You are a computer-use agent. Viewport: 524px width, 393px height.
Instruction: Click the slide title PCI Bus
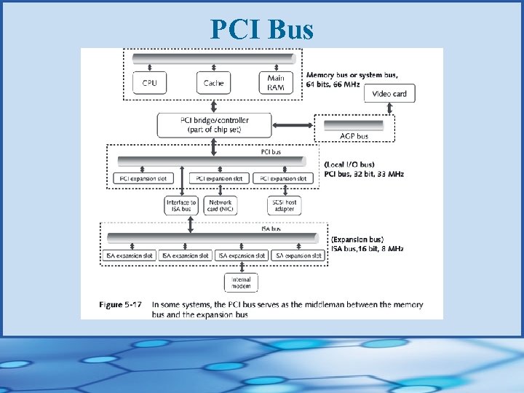[262, 29]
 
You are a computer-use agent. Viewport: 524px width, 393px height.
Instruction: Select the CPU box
[149, 83]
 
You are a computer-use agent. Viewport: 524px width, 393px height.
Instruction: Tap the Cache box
[213, 83]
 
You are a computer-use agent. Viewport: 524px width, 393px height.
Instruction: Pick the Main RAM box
[276, 83]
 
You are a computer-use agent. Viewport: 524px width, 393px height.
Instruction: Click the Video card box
[390, 94]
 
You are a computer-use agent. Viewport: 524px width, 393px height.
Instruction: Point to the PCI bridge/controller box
[214, 124]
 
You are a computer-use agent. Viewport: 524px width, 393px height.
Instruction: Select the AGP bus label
[354, 136]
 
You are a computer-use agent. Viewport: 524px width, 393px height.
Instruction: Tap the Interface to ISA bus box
[181, 206]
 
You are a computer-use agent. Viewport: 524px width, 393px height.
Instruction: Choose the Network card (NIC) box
[221, 206]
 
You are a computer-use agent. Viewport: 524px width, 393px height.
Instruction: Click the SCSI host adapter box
[284, 206]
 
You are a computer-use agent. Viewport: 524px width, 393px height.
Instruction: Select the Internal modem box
[241, 282]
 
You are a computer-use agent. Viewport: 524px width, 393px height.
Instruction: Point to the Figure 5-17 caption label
[122, 305]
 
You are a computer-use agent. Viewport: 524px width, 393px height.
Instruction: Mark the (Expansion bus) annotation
[357, 239]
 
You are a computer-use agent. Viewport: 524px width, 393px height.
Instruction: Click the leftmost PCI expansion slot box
[142, 178]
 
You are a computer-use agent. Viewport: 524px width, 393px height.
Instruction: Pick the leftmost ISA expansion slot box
[128, 256]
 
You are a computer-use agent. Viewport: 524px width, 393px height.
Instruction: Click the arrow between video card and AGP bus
[390, 109]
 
